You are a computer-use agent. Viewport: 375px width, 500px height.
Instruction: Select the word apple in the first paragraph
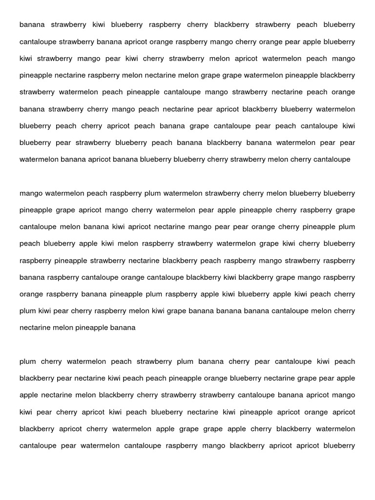(x=312, y=42)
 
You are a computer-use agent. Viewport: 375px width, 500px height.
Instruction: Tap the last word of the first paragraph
(x=332, y=159)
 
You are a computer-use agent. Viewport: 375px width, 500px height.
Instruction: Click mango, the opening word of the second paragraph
(x=30, y=193)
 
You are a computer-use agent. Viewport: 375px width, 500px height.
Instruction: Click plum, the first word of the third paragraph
(x=28, y=362)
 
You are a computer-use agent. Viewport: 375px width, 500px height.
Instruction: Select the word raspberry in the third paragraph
(x=182, y=446)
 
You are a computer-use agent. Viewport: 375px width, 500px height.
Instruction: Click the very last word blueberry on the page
(x=339, y=446)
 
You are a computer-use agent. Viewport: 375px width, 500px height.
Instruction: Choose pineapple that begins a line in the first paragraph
(x=37, y=76)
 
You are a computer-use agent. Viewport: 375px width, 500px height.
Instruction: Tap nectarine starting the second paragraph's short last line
(x=35, y=328)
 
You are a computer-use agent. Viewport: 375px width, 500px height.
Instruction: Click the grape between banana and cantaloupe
(x=199, y=126)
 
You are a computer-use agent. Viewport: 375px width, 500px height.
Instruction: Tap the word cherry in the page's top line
(x=197, y=25)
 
